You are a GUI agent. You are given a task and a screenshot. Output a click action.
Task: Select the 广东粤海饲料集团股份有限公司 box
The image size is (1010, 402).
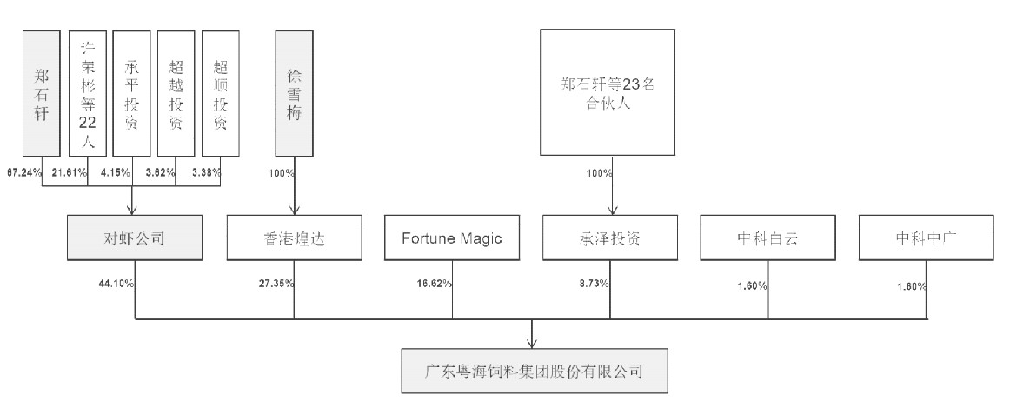point(534,372)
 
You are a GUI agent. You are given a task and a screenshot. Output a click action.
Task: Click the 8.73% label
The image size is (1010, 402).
point(592,283)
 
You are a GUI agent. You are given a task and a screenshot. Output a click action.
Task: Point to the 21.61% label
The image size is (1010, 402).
point(70,172)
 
